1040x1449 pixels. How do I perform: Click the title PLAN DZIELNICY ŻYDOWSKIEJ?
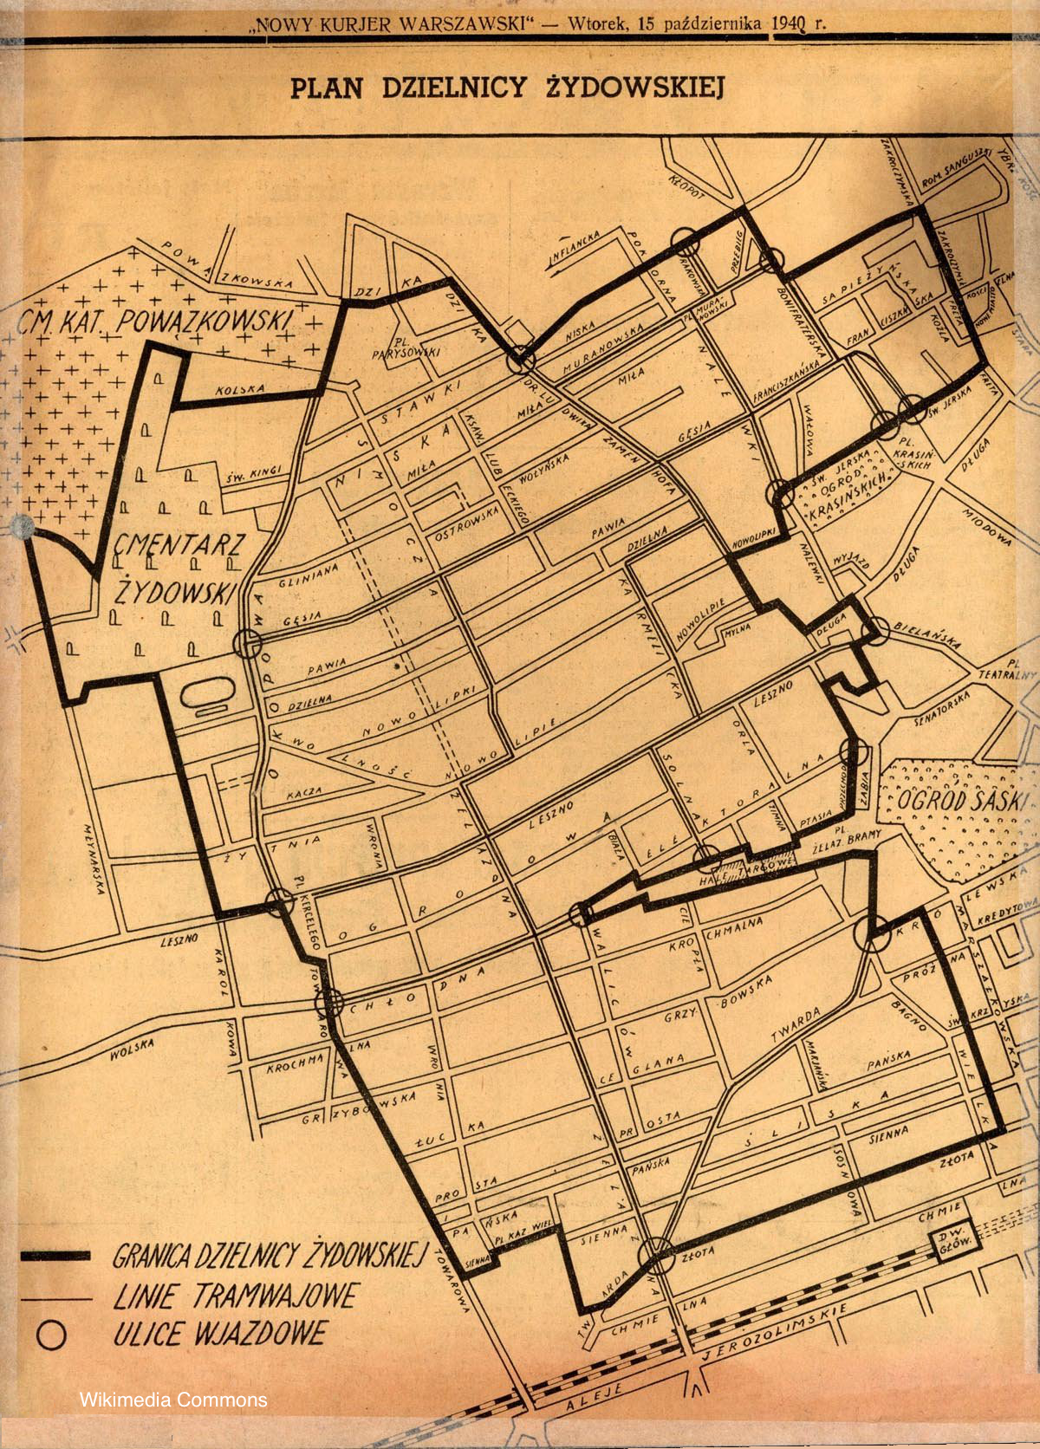point(506,89)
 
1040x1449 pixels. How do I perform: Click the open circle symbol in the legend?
point(52,1335)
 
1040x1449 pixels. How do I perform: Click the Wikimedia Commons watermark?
point(173,1399)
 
